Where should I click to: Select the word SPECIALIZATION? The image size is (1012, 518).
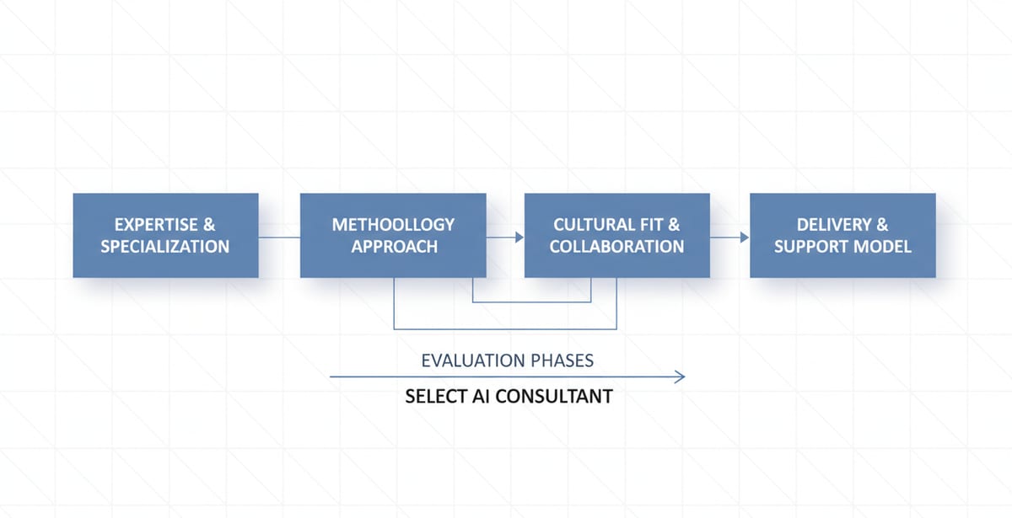coord(165,247)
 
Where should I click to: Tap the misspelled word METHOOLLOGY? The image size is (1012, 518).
coord(393,225)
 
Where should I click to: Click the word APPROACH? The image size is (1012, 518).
coord(395,247)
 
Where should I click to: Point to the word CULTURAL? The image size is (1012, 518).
coord(590,225)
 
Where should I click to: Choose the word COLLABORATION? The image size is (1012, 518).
coord(616,247)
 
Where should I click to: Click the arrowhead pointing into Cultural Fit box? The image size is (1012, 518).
coord(519,238)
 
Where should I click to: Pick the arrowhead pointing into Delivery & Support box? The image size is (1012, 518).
coord(744,238)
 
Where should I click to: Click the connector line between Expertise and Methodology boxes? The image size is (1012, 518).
coord(279,238)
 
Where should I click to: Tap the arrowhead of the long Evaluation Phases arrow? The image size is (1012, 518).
coord(680,377)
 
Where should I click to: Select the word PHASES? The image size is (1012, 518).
coord(563,360)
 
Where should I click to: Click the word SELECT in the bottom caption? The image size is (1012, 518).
coord(432,396)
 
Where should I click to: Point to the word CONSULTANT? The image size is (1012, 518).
coord(554,396)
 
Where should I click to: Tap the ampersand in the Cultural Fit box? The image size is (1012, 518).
coord(672,225)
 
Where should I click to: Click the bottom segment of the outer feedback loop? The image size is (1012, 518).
coord(506,328)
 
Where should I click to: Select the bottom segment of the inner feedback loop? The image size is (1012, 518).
coord(531,302)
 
